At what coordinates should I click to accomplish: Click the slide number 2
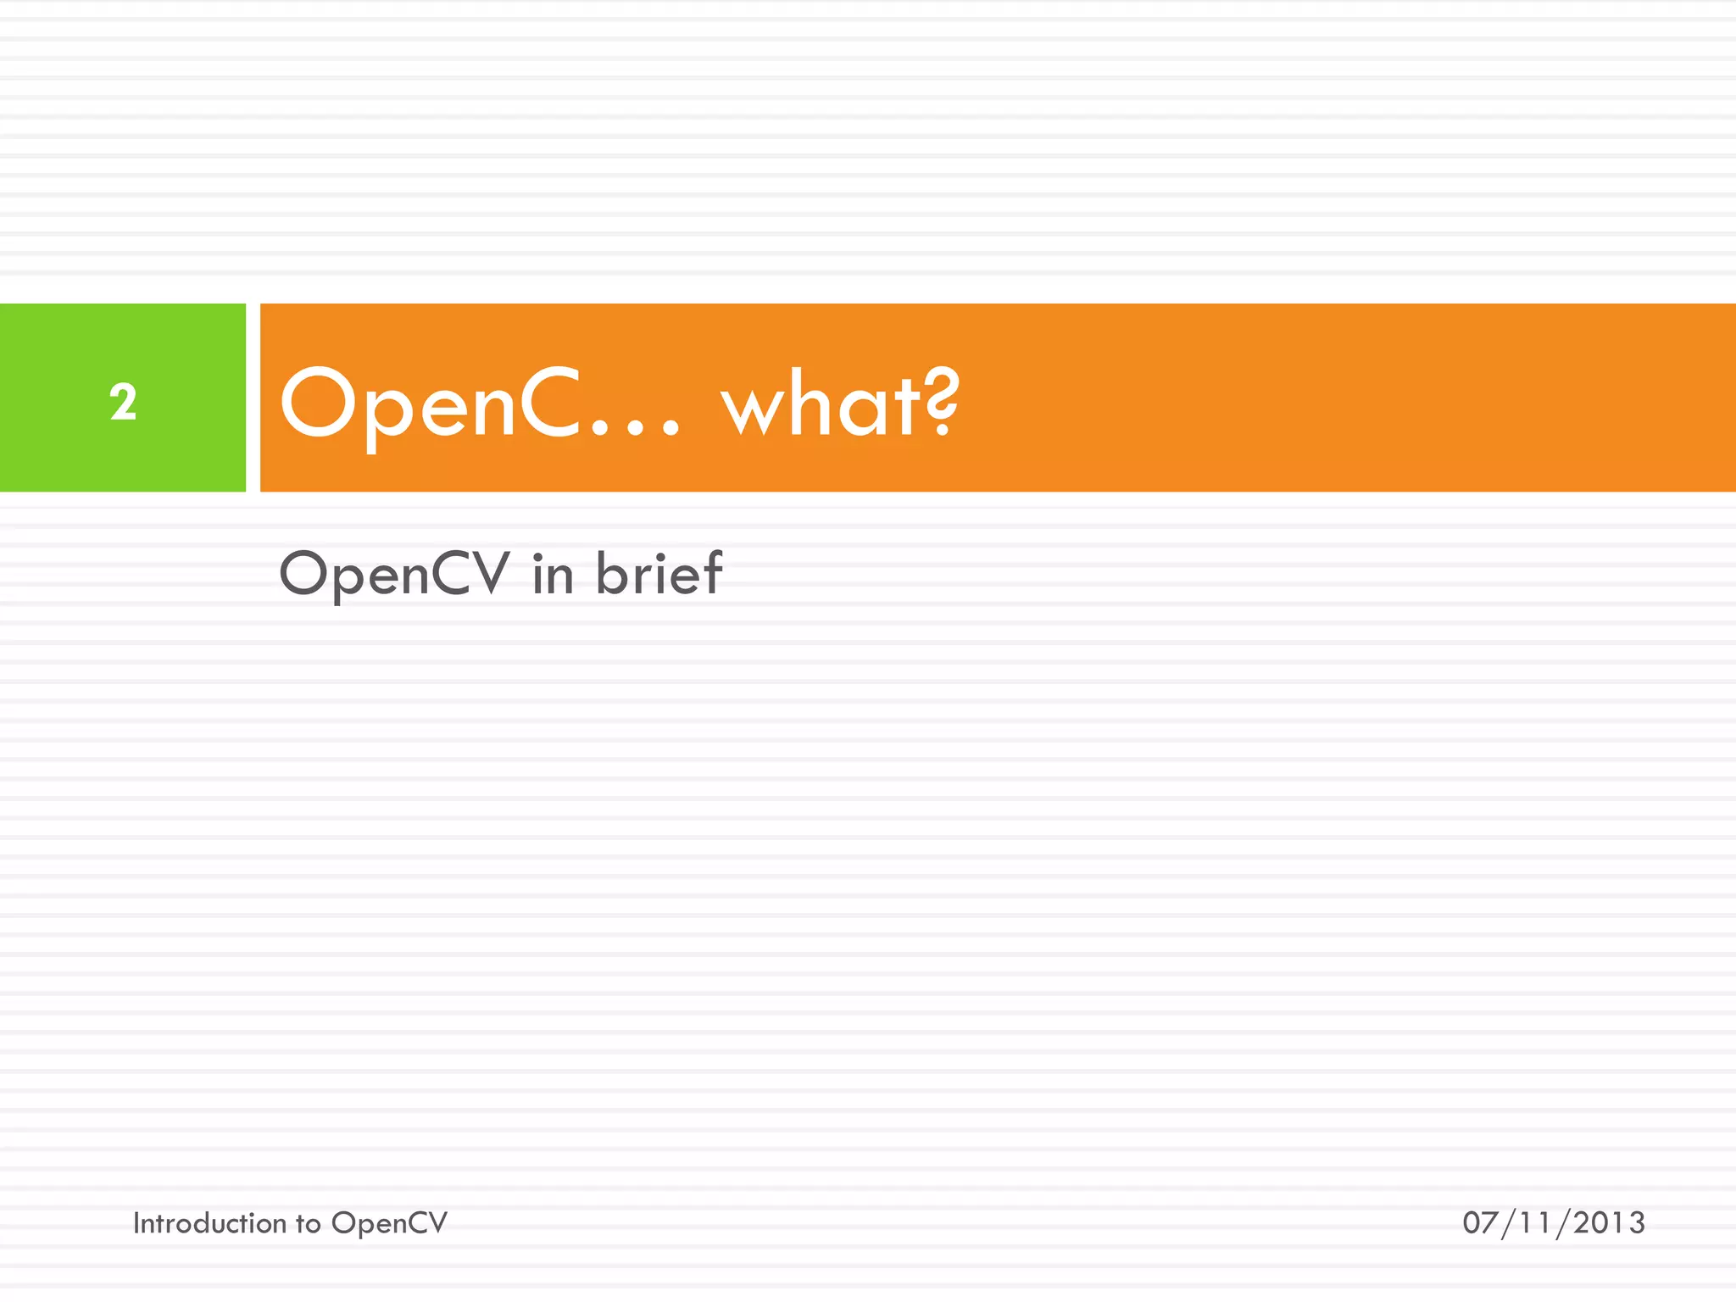pos(123,402)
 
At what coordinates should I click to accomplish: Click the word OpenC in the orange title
pos(430,405)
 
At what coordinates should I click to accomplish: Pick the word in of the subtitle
pos(553,574)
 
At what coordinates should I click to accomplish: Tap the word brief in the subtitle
pos(659,574)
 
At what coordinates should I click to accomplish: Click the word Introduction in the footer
pos(209,1223)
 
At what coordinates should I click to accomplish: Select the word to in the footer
pos(308,1224)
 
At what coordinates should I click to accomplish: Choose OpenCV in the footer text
pos(389,1224)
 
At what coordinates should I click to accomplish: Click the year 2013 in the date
pos(1609,1223)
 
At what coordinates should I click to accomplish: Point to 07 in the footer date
pos(1480,1223)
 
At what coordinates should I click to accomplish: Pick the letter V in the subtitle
pos(490,574)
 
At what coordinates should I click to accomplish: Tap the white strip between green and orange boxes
pos(253,398)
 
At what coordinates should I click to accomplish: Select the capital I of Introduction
pos(136,1223)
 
